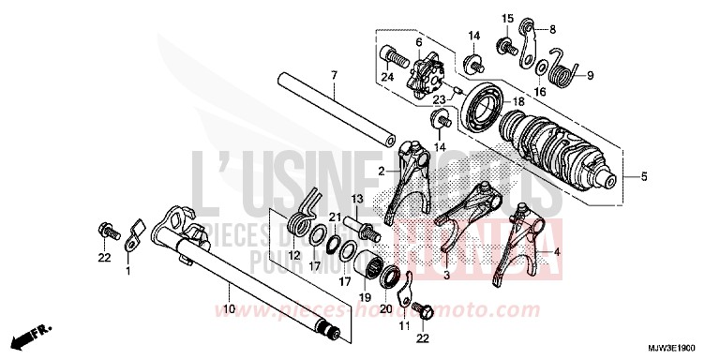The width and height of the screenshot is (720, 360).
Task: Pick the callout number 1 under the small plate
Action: point(128,271)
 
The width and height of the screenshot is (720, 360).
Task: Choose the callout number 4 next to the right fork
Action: point(558,251)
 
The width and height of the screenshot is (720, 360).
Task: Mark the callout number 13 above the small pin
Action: point(356,200)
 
